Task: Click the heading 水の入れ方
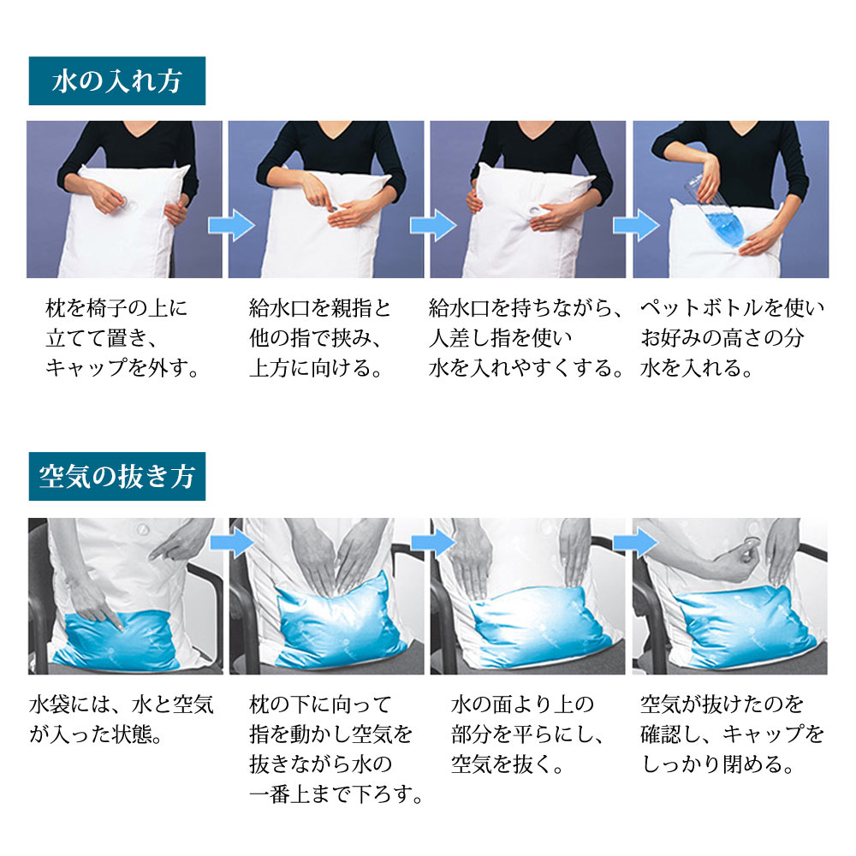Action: [x=116, y=81]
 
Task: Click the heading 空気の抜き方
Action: [x=116, y=477]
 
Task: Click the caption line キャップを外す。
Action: [x=122, y=370]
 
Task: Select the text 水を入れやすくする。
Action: [x=526, y=370]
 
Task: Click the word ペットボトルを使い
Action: [x=733, y=307]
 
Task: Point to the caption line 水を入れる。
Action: [x=698, y=370]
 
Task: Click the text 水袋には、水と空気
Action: [x=121, y=704]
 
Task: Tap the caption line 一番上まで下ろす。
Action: [x=337, y=795]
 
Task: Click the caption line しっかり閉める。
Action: [x=720, y=764]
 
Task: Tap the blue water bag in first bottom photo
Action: [x=120, y=633]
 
